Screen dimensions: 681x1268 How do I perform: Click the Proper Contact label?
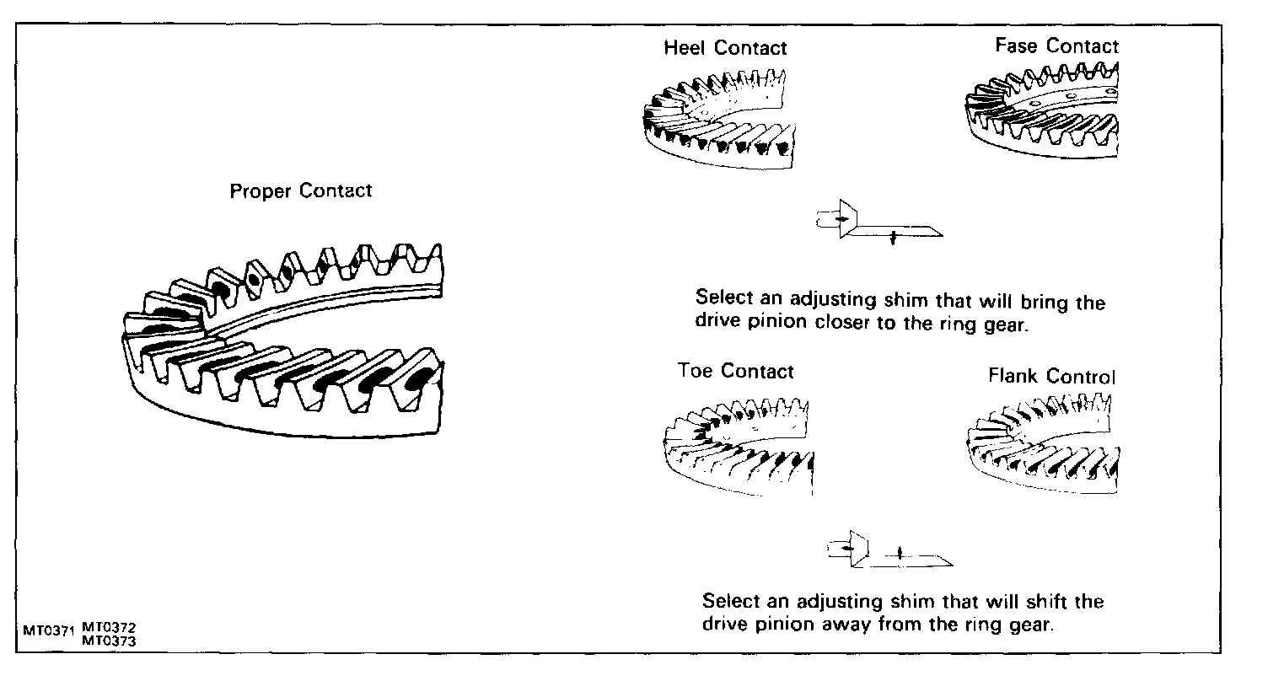[300, 190]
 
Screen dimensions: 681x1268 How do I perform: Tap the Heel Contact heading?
[725, 48]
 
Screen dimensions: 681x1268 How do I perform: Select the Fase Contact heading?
[1056, 46]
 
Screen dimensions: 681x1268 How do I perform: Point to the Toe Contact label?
[736, 371]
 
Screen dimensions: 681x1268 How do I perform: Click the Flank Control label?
[1051, 376]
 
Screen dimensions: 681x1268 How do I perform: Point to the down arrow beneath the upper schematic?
[891, 240]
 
